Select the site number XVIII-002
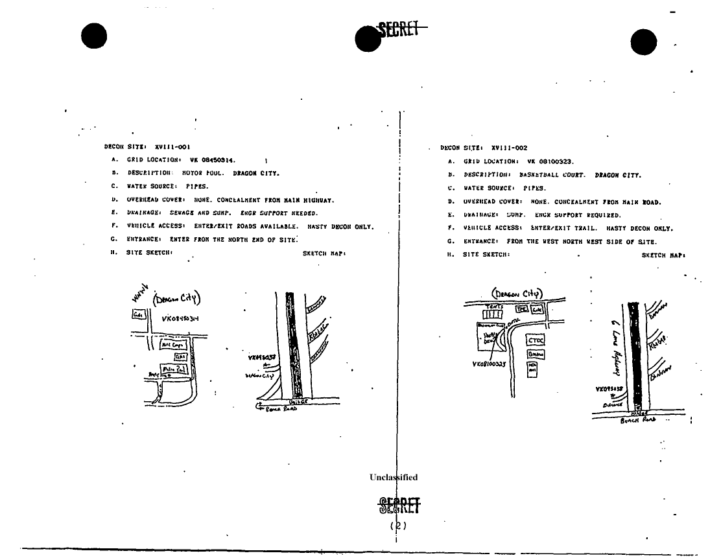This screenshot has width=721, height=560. click(509, 148)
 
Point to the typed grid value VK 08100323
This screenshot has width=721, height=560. click(550, 161)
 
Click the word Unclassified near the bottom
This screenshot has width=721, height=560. click(394, 478)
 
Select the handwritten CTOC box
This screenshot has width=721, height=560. click(536, 340)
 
